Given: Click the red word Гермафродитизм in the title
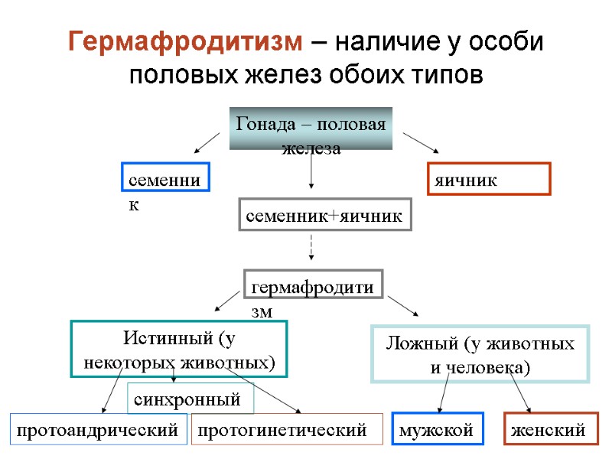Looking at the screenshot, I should (185, 42).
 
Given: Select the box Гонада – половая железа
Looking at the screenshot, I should (311, 128).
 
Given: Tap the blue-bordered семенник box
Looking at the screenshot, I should (164, 177).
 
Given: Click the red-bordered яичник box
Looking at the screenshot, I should (487, 179).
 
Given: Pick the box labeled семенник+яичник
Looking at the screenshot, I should (324, 216).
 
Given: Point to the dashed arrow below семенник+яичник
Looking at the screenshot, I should (311, 246).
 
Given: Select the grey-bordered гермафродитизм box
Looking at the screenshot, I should (312, 286).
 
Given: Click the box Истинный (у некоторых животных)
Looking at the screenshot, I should (178, 348).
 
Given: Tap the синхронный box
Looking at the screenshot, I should (189, 398).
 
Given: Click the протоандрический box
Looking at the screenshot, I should (98, 430).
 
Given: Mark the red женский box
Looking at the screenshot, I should (549, 430).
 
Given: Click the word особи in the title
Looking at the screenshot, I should (506, 42).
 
